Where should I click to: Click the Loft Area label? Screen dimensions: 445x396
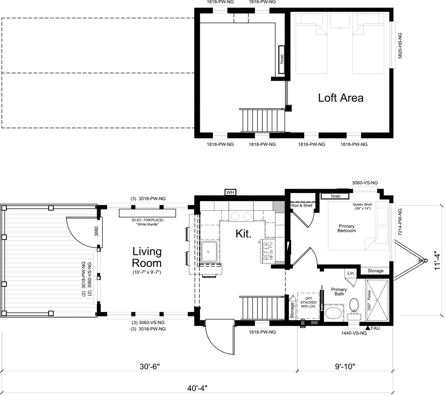click(340, 98)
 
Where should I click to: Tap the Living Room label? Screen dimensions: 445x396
click(147, 257)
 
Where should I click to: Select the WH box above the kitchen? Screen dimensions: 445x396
click(230, 192)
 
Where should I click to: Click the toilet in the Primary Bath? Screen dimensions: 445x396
click(354, 309)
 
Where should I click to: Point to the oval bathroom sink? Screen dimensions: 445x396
click(333, 313)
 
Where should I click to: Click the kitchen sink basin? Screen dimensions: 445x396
click(209, 252)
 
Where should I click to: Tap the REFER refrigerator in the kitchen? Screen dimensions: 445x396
click(267, 251)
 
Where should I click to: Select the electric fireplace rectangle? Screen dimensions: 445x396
click(147, 213)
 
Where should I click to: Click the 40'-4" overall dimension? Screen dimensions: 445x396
click(197, 388)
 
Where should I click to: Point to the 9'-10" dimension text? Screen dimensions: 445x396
click(345, 366)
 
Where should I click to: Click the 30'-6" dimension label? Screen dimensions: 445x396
click(149, 366)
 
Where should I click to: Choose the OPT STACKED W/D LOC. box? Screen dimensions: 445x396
click(308, 306)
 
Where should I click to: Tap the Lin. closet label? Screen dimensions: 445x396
click(351, 273)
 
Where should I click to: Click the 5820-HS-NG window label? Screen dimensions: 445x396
click(400, 46)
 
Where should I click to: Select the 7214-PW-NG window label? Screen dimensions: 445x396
click(399, 222)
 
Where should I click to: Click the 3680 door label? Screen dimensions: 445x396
click(96, 231)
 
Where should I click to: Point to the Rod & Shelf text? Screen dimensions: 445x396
click(301, 205)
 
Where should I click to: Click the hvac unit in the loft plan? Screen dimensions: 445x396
click(282, 59)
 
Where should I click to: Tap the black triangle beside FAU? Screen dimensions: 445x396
click(368, 328)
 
